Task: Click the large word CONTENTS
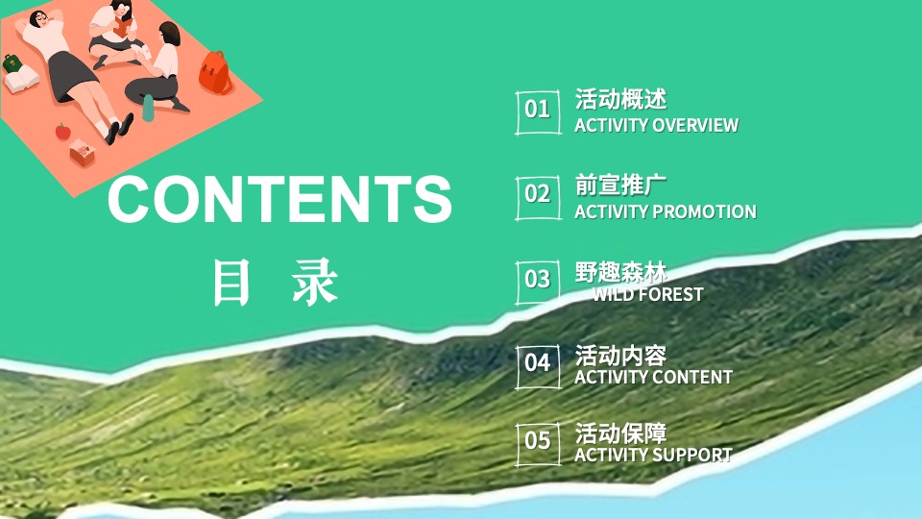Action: [x=279, y=199]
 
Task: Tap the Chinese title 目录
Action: [x=276, y=282]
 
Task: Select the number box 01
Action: [x=538, y=109]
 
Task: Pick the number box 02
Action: [x=538, y=193]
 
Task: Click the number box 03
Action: [x=538, y=280]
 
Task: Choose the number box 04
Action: [x=538, y=363]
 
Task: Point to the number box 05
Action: [x=538, y=441]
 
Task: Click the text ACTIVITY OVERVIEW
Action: [x=656, y=125]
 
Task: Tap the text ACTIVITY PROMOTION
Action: [x=665, y=211]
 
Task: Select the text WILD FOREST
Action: [x=647, y=294]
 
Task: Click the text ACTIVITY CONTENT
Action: [x=653, y=377]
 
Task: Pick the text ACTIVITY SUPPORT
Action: [x=653, y=455]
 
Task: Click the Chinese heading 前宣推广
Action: [x=620, y=185]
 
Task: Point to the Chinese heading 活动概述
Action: [x=620, y=99]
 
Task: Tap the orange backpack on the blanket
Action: [x=215, y=73]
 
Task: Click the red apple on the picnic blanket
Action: [x=63, y=132]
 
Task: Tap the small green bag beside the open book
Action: [x=12, y=63]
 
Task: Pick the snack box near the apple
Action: [x=82, y=153]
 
